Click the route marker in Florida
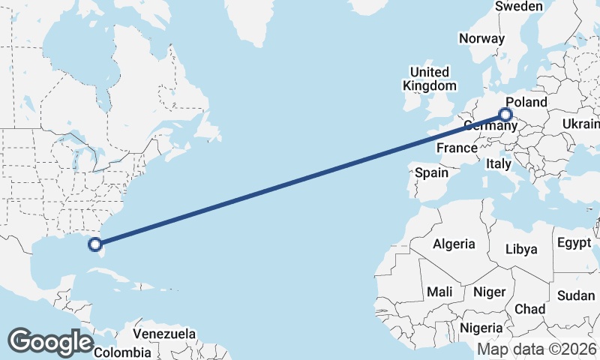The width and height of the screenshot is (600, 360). pos(95,244)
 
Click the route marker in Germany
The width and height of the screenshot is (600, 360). pos(505,115)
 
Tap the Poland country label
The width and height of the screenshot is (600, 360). pos(526,102)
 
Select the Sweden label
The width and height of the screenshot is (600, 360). pos(518,6)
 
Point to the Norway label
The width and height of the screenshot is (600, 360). pos(481,38)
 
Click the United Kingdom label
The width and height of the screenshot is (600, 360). pos(429,79)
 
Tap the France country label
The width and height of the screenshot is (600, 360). pos(457,148)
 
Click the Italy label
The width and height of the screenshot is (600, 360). pos(498,163)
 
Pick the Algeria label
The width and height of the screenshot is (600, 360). pos(454,244)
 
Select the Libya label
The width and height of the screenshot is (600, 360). pos(522,249)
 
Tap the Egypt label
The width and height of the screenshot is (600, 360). pos(574,243)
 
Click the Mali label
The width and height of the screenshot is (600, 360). pos(439,291)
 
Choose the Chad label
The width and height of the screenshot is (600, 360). pos(529,309)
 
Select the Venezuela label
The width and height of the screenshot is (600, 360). pos(164,334)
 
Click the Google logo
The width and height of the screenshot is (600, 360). pos(50,342)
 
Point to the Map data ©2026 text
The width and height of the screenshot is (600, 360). pos(537,349)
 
